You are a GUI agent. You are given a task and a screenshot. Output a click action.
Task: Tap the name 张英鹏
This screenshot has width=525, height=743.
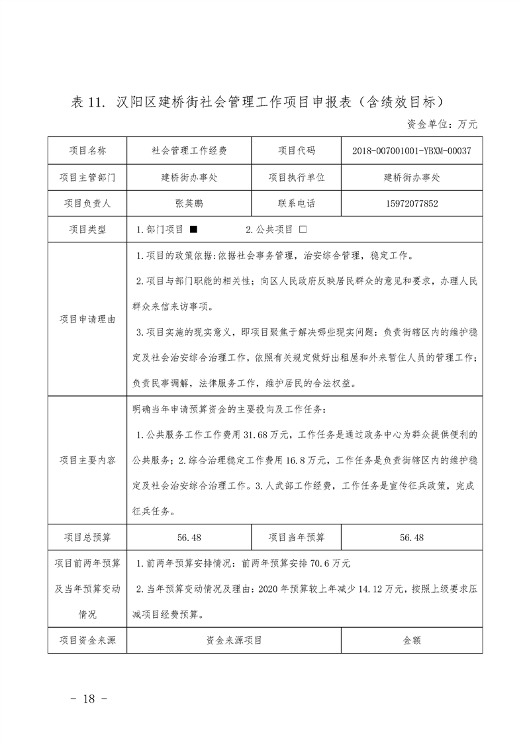coord(189,204)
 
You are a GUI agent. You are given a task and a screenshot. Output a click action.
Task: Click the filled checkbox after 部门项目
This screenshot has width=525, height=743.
coord(193,230)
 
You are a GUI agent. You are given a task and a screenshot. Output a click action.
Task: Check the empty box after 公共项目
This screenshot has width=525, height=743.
coord(303,230)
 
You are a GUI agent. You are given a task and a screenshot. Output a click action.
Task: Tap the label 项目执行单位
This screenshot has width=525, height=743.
coord(297,177)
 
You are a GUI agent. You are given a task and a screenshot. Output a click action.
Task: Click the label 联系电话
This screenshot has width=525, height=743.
coord(297,204)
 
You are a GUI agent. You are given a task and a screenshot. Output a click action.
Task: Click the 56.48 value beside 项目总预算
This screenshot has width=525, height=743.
coord(189,537)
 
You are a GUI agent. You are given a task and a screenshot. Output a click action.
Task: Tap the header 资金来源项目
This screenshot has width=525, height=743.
coord(234,640)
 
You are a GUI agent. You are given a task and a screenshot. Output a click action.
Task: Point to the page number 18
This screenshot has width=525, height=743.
coord(88,699)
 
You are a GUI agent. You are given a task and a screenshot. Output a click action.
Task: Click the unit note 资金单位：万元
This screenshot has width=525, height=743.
coord(440,124)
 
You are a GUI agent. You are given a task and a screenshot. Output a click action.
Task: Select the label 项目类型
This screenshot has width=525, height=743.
coord(87,230)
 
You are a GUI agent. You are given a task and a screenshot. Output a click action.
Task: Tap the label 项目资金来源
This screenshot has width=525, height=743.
coord(87,640)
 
